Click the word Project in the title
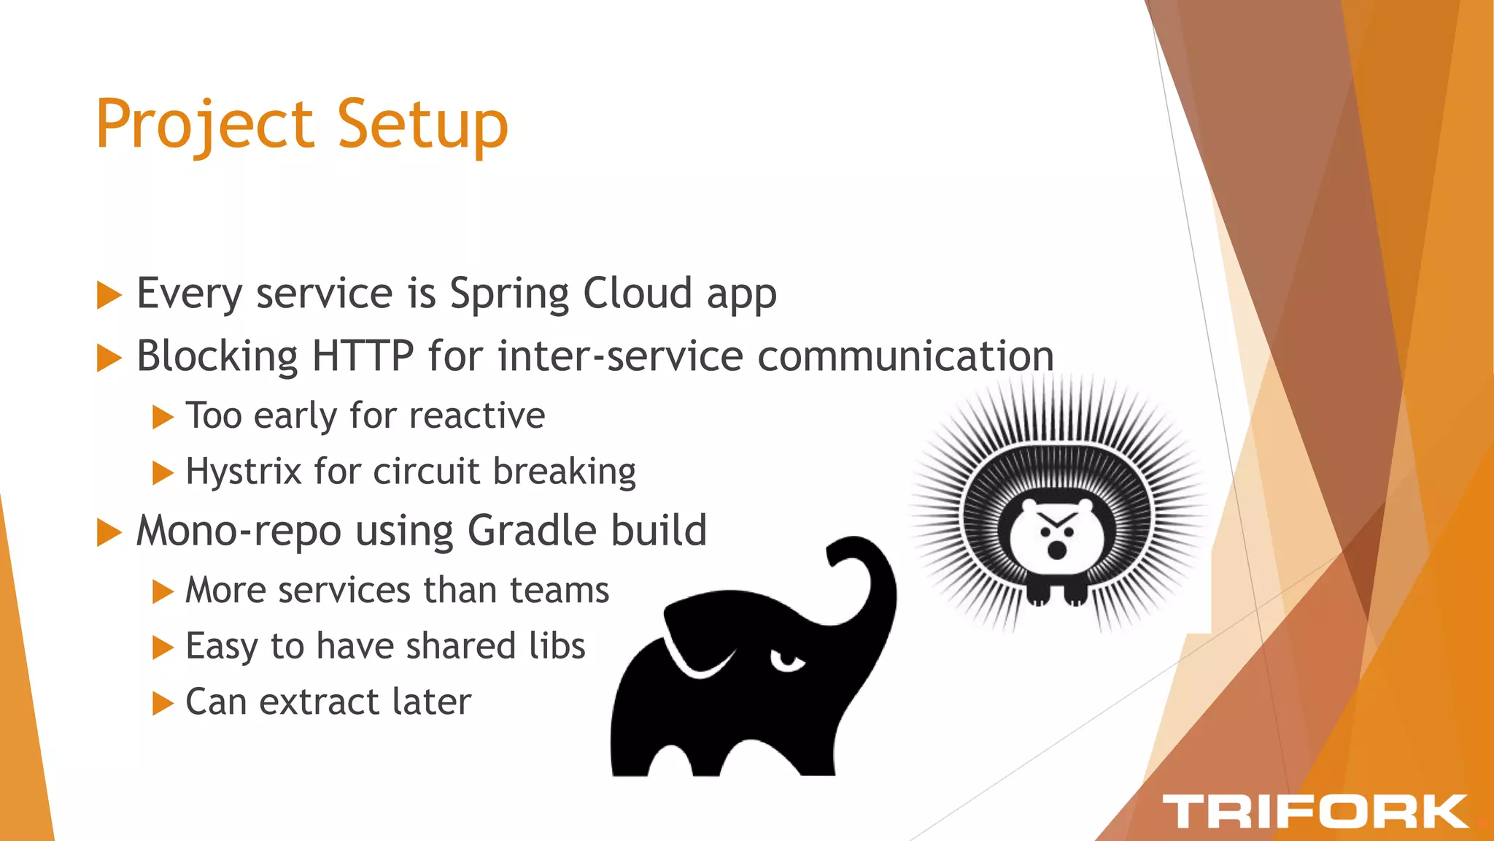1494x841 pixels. [204, 126]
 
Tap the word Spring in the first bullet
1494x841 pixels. [508, 295]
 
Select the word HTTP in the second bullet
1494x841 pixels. [363, 356]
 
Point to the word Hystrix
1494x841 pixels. [243, 472]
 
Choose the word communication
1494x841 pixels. [905, 356]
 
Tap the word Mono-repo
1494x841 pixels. [239, 531]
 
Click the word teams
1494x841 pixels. [559, 590]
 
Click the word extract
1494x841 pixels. [318, 702]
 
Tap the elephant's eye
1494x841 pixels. [788, 661]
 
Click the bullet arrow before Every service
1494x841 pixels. [109, 296]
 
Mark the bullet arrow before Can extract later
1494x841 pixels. [162, 704]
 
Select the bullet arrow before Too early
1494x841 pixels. [162, 418]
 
